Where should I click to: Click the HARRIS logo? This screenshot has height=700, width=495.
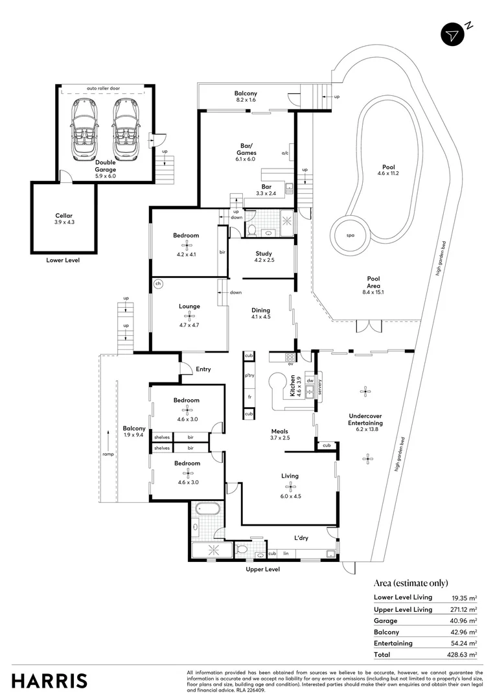(49, 681)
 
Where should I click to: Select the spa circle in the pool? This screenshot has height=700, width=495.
(349, 235)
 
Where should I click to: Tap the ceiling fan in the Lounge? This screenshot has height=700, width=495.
(189, 316)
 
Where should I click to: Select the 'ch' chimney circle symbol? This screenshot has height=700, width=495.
(157, 283)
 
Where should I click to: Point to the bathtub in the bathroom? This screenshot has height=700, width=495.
(207, 509)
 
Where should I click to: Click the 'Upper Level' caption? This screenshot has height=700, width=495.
(262, 569)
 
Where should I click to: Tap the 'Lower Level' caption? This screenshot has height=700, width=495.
(63, 261)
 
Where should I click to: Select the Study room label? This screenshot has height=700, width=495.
(263, 253)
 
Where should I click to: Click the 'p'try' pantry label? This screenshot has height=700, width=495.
(249, 376)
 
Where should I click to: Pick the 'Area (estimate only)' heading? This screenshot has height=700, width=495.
(411, 583)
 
